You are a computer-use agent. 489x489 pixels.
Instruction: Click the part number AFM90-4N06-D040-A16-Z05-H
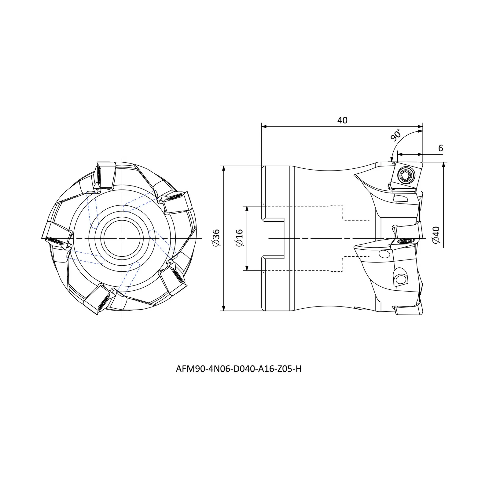238,369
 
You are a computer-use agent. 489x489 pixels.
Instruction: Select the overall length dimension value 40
342,120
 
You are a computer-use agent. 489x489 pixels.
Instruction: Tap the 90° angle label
395,135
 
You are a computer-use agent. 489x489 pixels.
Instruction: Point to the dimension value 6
440,148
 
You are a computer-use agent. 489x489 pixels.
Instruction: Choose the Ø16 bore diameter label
239,238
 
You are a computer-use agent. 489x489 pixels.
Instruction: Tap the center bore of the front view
122,238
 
